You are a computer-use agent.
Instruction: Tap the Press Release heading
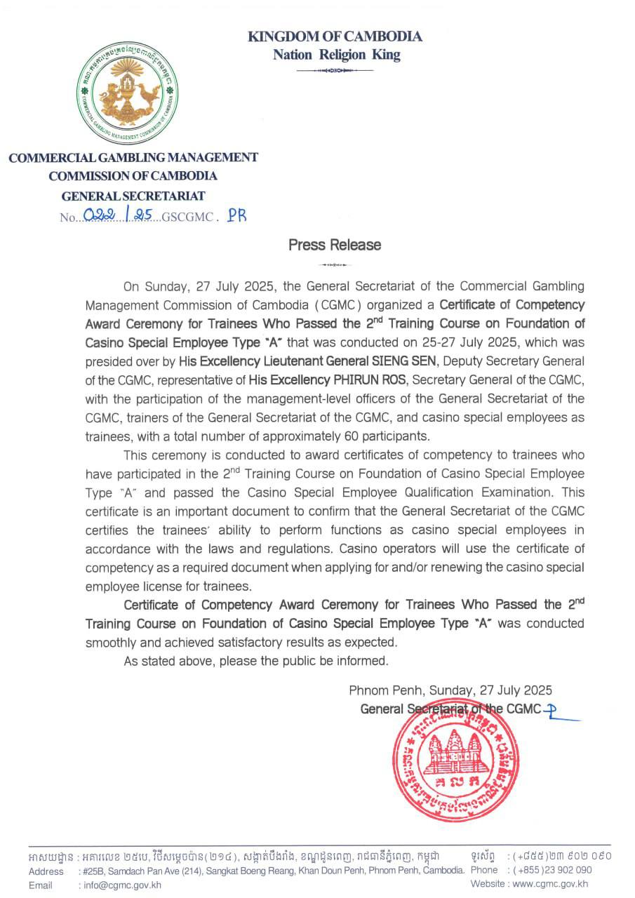pyautogui.click(x=335, y=245)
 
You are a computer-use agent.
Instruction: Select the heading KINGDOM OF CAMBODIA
pyautogui.click(x=335, y=36)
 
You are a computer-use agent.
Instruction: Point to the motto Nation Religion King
pyautogui.click(x=336, y=55)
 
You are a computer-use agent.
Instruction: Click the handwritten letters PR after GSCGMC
pyautogui.click(x=237, y=215)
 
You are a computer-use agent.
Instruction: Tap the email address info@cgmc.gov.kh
pyautogui.click(x=123, y=885)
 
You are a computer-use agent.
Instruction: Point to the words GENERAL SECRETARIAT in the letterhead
pyautogui.click(x=133, y=196)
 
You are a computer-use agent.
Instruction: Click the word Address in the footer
pyautogui.click(x=46, y=871)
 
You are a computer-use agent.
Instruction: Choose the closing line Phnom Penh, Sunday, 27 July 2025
pyautogui.click(x=450, y=690)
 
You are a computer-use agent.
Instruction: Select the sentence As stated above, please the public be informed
pyautogui.click(x=255, y=660)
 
